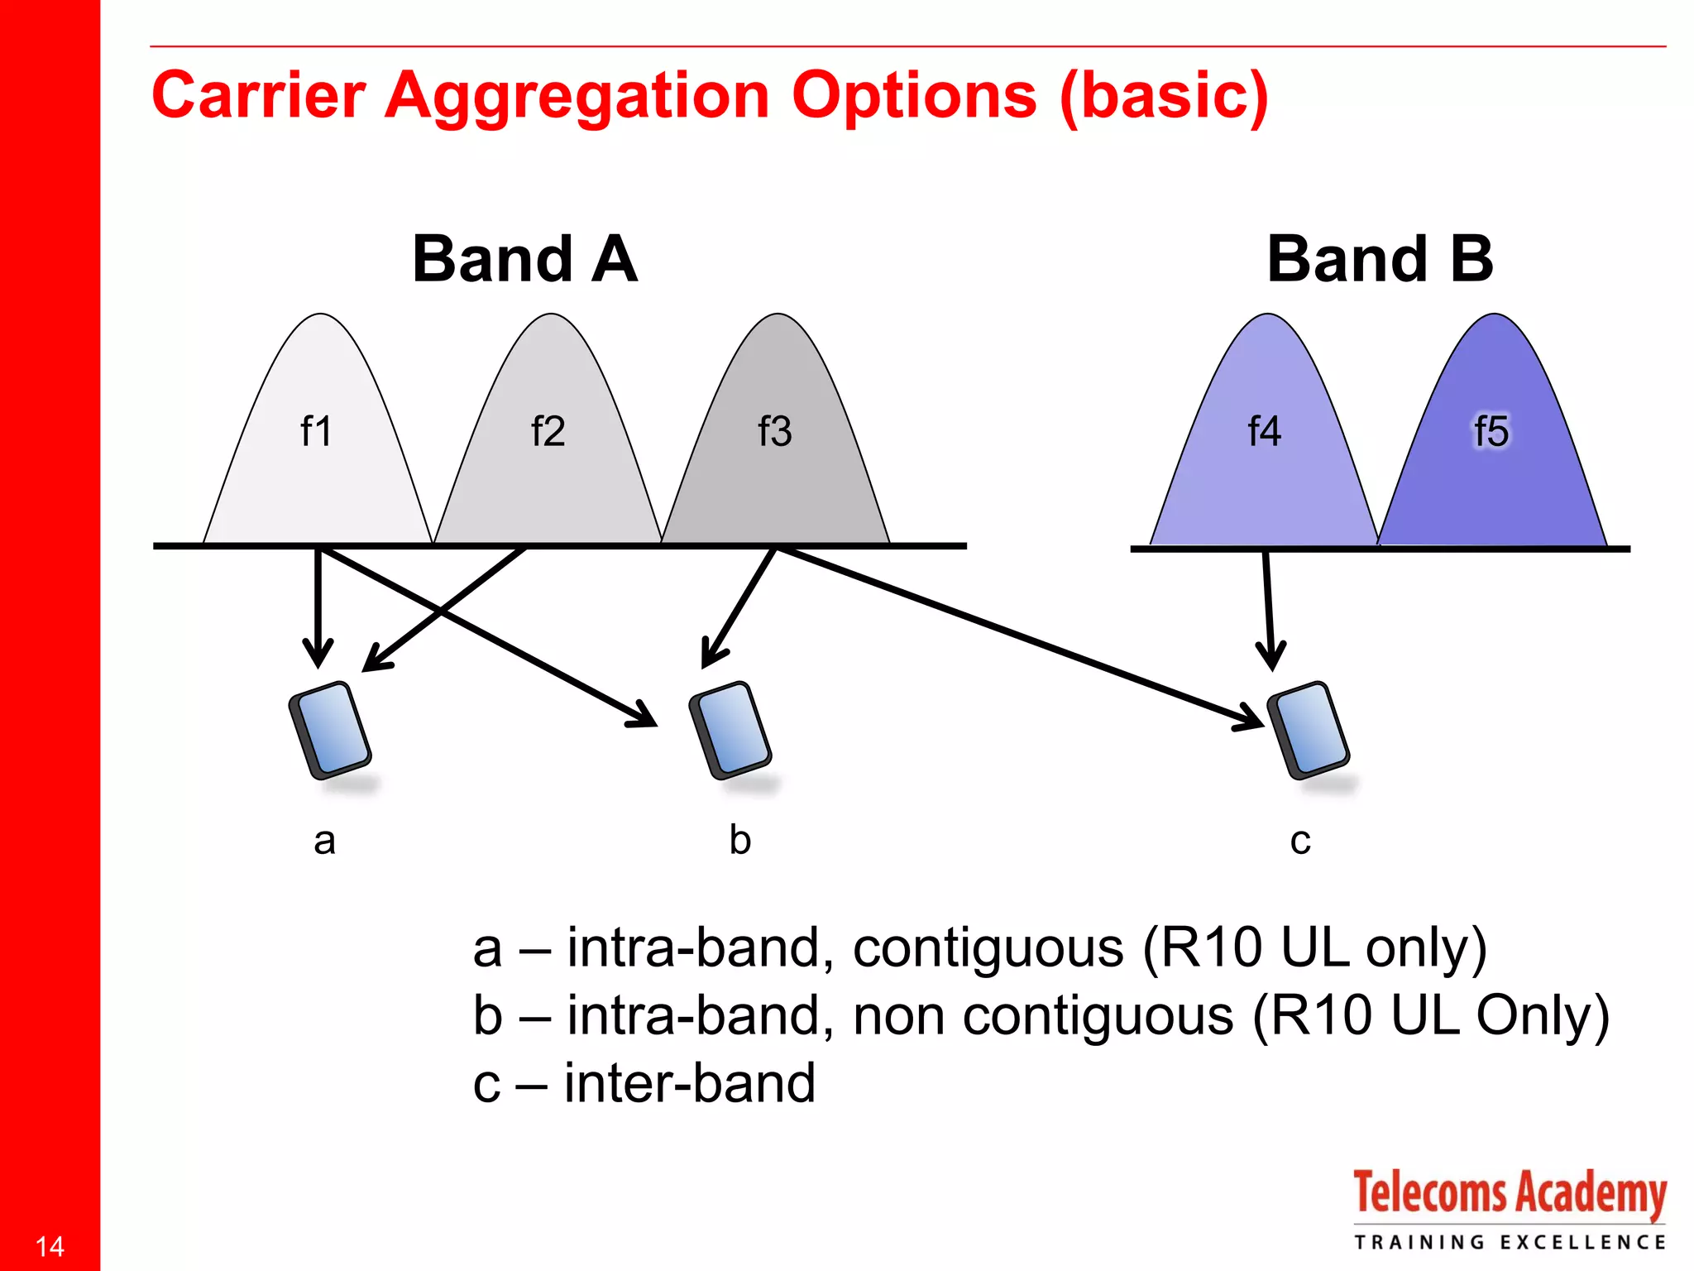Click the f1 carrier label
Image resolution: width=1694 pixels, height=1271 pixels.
pyautogui.click(x=316, y=431)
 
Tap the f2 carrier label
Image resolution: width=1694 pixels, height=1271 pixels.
pyautogui.click(x=548, y=431)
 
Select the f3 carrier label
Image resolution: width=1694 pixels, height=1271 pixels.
pyautogui.click(x=775, y=431)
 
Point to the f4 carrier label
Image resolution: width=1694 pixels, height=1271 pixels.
pyautogui.click(x=1264, y=431)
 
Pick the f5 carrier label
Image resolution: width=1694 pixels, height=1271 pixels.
pyautogui.click(x=1491, y=431)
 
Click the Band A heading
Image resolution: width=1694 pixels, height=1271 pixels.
pyautogui.click(x=524, y=259)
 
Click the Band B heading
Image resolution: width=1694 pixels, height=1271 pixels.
pyautogui.click(x=1380, y=259)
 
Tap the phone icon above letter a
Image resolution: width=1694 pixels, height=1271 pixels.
pyautogui.click(x=330, y=730)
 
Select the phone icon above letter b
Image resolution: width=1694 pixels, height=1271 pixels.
pyautogui.click(x=730, y=730)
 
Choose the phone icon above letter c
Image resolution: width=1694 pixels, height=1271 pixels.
pyautogui.click(x=1309, y=730)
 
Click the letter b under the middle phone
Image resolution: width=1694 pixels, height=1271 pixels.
pyautogui.click(x=739, y=839)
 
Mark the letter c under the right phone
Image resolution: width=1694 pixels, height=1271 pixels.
pyautogui.click(x=1300, y=842)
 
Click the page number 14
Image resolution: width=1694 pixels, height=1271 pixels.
pyautogui.click(x=50, y=1246)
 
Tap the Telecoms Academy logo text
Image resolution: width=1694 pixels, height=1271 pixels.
pyautogui.click(x=1509, y=1193)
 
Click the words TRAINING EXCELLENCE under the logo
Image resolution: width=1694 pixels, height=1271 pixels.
pyautogui.click(x=1509, y=1242)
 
